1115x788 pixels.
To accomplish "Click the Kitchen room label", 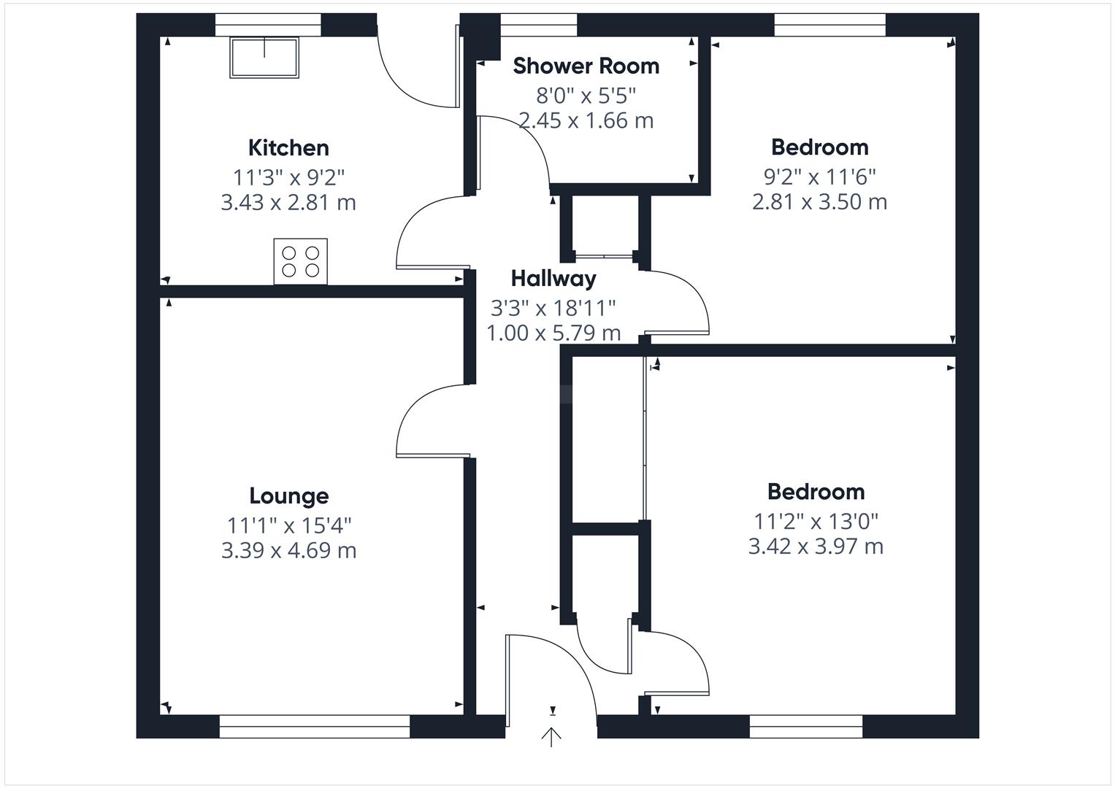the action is (288, 147).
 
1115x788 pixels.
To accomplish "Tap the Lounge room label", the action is (289, 496).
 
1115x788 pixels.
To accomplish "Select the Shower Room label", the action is (586, 66).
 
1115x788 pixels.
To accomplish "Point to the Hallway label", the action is (553, 279).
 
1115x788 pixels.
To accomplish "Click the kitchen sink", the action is (264, 57).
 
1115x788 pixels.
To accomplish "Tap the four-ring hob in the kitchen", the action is (301, 261).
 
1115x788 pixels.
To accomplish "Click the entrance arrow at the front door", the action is (551, 737).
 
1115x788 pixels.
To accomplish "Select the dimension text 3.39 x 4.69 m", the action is (288, 550).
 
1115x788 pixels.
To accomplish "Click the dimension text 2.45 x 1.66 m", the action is (586, 120).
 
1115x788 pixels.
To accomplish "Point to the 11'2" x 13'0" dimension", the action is (816, 522).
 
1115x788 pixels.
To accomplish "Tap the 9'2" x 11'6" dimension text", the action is (819, 177).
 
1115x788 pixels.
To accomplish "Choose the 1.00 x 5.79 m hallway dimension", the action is (553, 333).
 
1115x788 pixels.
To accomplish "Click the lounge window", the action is (315, 726).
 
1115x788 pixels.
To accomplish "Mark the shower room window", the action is (539, 25).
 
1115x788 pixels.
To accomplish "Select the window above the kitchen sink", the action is (268, 25).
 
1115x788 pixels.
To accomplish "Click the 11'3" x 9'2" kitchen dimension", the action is (288, 177).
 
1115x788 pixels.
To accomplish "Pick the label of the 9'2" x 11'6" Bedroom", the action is (820, 147).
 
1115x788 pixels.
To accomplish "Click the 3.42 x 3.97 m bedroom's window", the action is (806, 726).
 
